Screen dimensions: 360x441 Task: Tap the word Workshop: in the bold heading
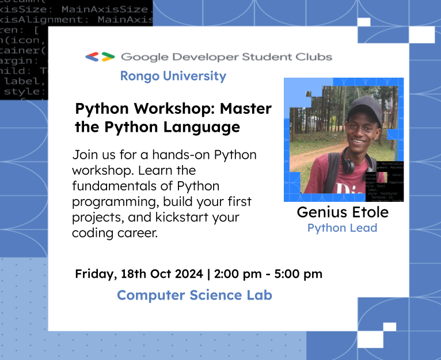(x=177, y=109)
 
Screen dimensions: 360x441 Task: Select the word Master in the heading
(x=246, y=109)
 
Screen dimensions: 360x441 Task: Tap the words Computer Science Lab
(x=195, y=296)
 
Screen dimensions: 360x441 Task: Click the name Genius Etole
(x=343, y=212)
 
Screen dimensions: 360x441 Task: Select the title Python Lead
(x=343, y=228)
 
